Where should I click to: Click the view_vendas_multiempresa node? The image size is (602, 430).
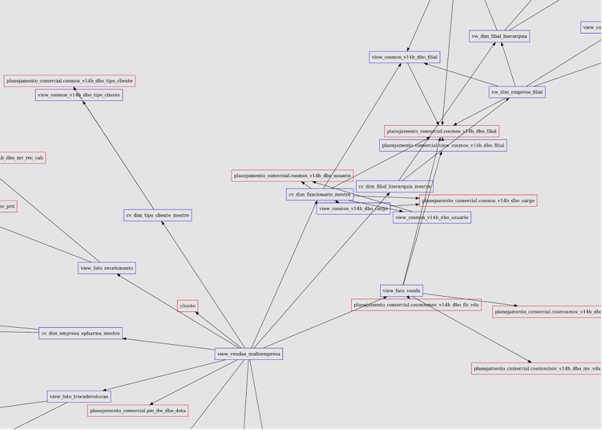248,354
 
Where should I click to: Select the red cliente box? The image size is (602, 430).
188,306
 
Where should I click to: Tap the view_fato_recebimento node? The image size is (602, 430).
107,268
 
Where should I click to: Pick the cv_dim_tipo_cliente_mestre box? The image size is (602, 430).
157,215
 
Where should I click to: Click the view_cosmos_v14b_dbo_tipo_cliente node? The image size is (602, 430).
79,95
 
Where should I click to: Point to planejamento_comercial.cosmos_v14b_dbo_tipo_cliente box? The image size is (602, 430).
69,81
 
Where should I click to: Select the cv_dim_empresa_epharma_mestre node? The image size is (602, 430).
80,333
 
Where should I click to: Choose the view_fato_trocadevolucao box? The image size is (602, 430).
79,396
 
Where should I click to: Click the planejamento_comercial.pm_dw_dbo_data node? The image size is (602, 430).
137,411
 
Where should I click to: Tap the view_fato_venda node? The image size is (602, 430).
401,291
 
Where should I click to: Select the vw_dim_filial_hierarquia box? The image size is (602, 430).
500,36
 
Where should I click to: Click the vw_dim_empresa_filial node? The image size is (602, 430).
517,91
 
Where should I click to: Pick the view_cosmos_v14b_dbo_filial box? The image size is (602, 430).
405,57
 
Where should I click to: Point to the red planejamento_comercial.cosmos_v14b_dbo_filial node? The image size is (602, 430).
441,131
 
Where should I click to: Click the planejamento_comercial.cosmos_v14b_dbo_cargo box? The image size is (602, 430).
478,201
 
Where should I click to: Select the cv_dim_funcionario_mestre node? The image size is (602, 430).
320,194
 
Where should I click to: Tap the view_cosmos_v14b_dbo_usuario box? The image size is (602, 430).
432,217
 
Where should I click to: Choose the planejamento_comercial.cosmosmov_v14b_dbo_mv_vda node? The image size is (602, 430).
537,368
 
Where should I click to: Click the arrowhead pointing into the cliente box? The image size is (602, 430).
197,313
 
